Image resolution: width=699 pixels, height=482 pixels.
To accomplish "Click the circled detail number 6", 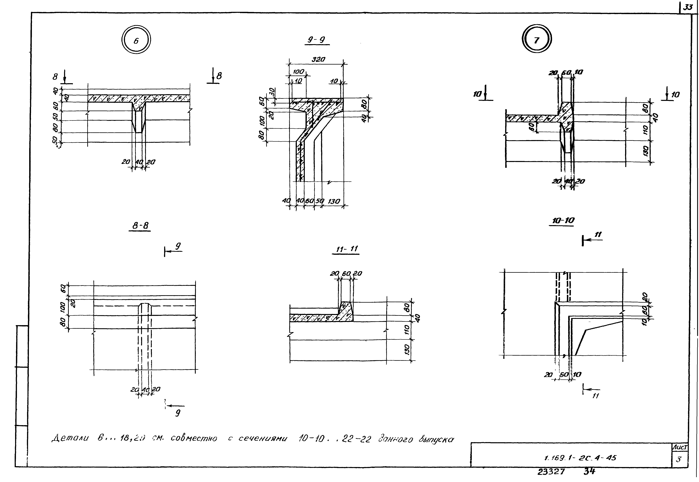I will click(136, 40).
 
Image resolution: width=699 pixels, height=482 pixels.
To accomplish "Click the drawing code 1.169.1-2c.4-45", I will click(580, 458).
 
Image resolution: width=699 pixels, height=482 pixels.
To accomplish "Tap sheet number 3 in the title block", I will click(678, 460).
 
